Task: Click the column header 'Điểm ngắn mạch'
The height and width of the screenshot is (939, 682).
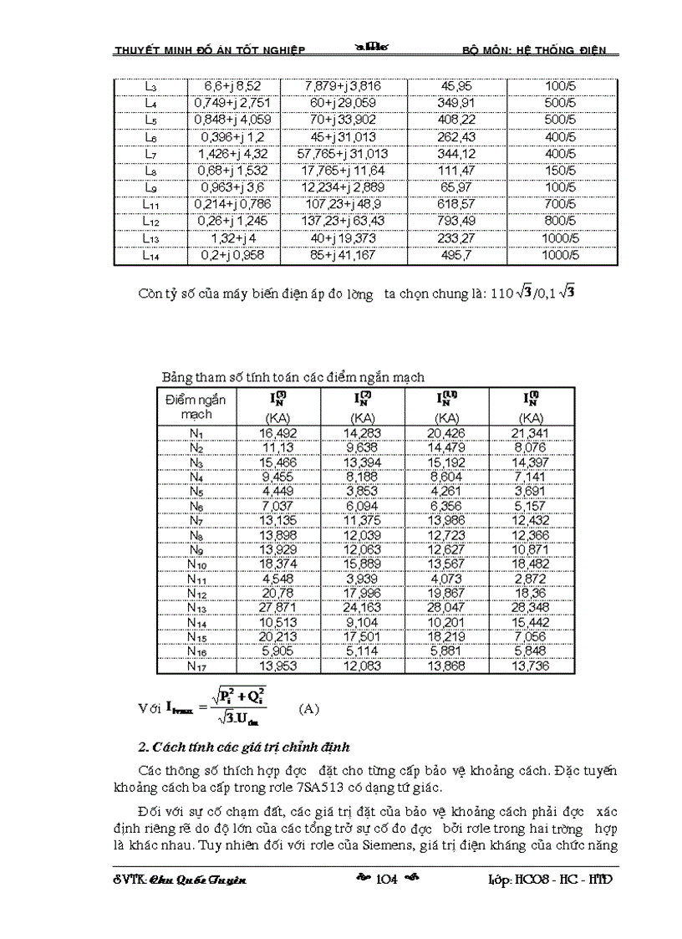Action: point(195,406)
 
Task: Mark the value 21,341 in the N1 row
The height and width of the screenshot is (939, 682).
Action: point(529,433)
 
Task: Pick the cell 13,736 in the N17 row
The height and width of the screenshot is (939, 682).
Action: point(529,666)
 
